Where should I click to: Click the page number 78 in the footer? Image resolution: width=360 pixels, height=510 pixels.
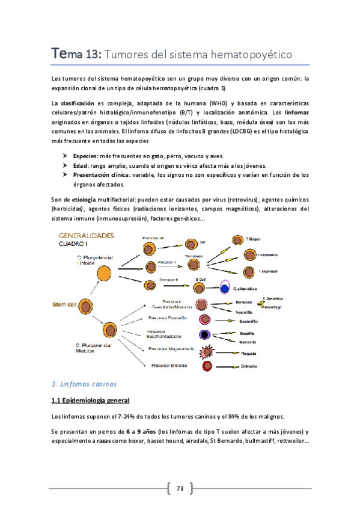180,487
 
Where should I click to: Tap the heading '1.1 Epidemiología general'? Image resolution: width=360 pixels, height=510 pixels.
91,400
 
